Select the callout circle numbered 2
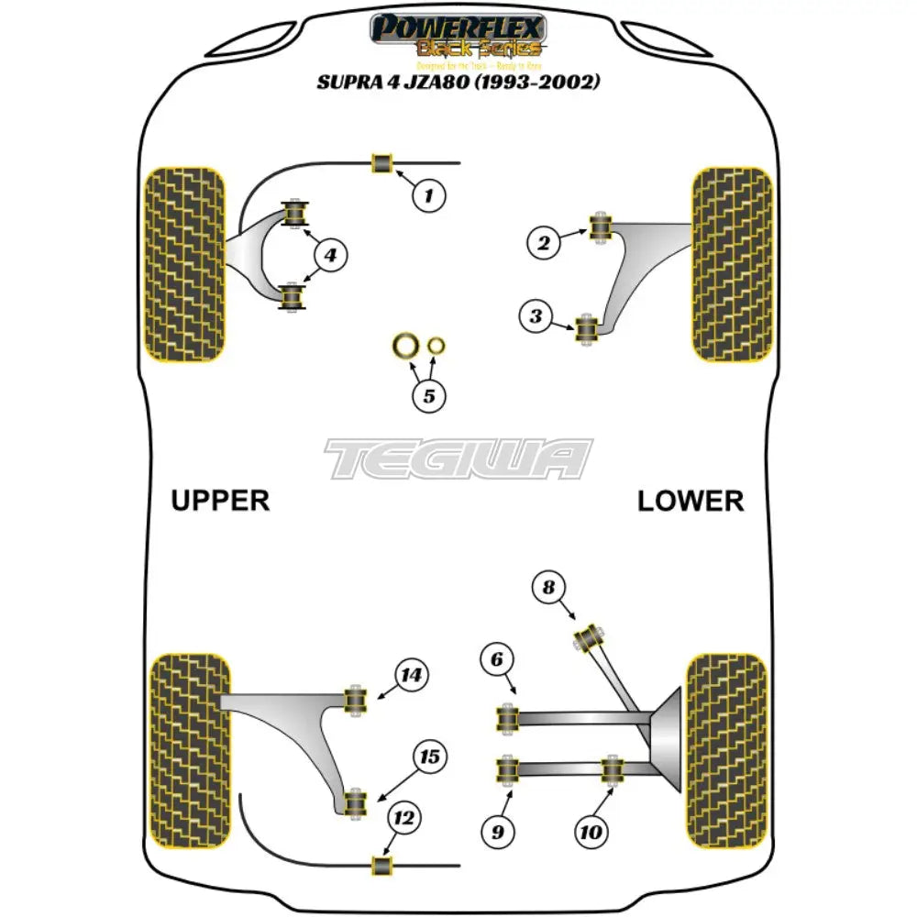544,242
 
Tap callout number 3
536,317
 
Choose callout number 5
428,396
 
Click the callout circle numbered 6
496,659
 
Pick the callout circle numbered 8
549,587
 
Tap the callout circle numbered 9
497,832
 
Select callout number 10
591,832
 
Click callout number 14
412,676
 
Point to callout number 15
429,757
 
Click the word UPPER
220,501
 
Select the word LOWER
691,501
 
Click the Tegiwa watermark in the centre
458,458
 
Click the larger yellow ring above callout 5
403,347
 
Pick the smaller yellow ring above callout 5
437,346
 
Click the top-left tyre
186,264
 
